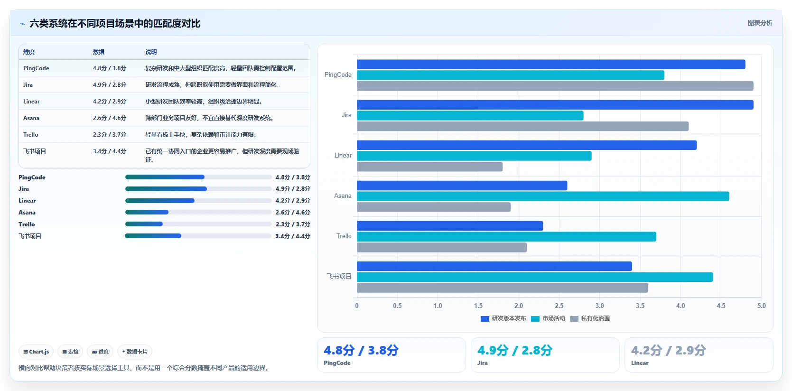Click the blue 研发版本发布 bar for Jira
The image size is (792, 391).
pyautogui.click(x=555, y=105)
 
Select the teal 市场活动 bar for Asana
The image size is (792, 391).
pyautogui.click(x=543, y=196)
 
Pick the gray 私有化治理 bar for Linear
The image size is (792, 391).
pyautogui.click(x=429, y=167)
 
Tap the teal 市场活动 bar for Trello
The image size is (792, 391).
pyautogui.click(x=507, y=236)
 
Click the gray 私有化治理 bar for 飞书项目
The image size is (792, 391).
pyautogui.click(x=503, y=288)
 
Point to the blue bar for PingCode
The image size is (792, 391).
pyautogui.click(x=551, y=65)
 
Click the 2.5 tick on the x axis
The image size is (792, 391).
pyautogui.click(x=559, y=306)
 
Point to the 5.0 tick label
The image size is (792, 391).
pyautogui.click(x=761, y=306)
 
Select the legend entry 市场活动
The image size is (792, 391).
pyautogui.click(x=548, y=318)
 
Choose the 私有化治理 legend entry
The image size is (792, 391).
pyautogui.click(x=590, y=318)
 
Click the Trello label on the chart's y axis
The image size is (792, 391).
pyautogui.click(x=344, y=236)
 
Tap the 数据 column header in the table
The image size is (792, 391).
pyautogui.click(x=99, y=52)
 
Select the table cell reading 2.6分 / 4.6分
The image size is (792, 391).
pyautogui.click(x=110, y=118)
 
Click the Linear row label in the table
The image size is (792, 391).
pyautogui.click(x=31, y=102)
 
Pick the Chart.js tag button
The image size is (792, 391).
pyautogui.click(x=36, y=352)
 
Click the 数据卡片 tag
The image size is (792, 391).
pyautogui.click(x=135, y=352)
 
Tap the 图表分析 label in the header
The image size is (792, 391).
pyautogui.click(x=760, y=23)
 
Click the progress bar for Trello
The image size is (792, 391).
pyautogui.click(x=198, y=224)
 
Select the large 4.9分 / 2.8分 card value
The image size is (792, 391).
pyautogui.click(x=515, y=350)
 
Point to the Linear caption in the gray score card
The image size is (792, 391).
pyautogui.click(x=640, y=363)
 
